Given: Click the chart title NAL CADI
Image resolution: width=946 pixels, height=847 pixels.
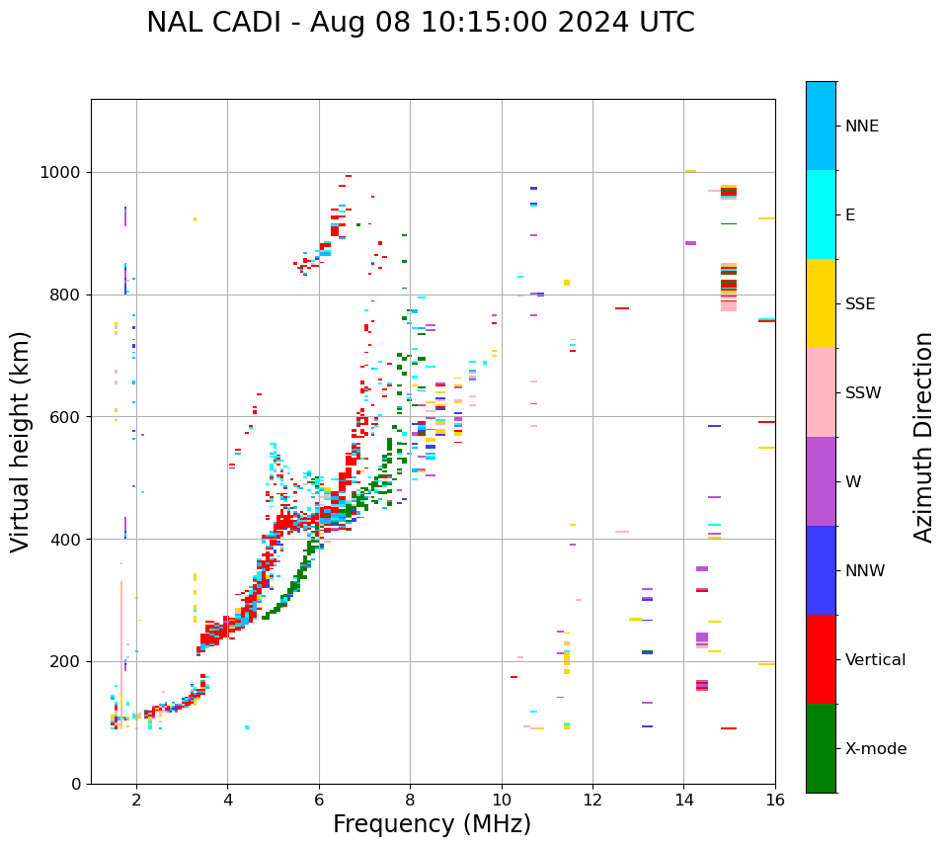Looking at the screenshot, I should [x=420, y=23].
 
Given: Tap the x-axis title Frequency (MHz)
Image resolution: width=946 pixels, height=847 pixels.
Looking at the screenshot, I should [x=432, y=824].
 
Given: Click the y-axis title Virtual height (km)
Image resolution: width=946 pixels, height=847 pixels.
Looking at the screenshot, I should [x=21, y=442].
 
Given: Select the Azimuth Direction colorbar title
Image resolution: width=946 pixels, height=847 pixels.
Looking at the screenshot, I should [x=923, y=437].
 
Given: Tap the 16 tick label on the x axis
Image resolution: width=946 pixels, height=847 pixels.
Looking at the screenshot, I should [x=775, y=800].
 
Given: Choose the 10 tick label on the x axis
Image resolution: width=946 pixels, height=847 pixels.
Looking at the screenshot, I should [x=502, y=800].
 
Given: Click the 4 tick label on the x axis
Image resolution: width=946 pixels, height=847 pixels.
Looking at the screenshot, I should [x=227, y=800].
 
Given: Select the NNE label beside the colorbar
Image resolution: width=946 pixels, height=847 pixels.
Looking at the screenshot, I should [x=861, y=127].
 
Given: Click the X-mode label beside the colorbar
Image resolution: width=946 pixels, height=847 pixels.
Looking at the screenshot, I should [x=876, y=749].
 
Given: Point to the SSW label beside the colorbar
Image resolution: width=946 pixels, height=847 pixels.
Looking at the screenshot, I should [x=863, y=393].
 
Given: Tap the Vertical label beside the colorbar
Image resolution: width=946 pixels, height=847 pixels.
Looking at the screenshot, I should [x=875, y=660].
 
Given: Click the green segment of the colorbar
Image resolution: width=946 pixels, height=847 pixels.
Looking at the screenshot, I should [x=821, y=748].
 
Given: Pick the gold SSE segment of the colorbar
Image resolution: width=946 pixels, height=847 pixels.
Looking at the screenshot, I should [x=821, y=303].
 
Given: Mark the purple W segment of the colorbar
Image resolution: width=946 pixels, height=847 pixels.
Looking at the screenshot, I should [x=821, y=481].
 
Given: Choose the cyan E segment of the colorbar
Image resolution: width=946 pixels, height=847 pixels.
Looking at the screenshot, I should [x=821, y=214].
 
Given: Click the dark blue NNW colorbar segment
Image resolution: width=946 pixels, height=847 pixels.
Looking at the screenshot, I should [x=821, y=570].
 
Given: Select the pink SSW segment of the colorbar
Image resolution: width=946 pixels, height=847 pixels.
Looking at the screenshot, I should [x=821, y=392].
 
